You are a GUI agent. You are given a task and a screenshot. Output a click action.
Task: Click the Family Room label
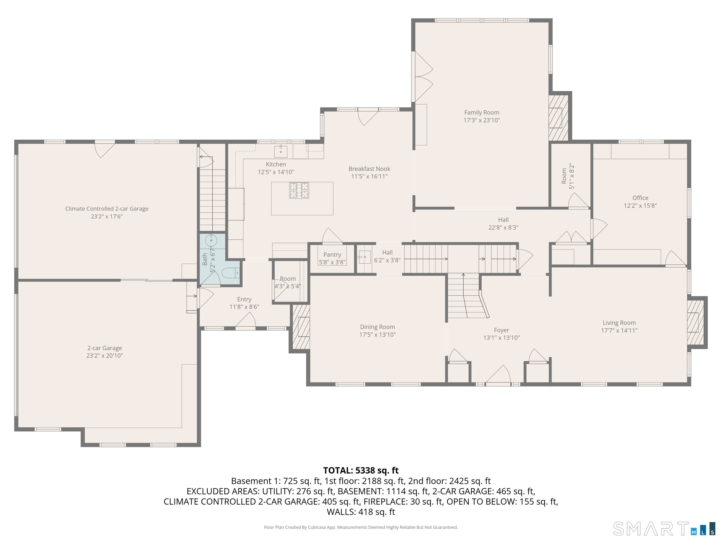tap(481, 112)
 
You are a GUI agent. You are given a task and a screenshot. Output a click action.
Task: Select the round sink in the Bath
tap(211, 241)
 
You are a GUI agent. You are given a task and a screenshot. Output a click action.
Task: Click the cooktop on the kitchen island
tap(299, 190)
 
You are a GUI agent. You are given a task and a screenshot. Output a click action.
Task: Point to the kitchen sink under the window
tap(280, 151)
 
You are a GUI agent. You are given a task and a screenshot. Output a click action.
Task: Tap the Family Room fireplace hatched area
tap(558, 118)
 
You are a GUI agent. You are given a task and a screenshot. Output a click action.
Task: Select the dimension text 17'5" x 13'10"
tap(377, 334)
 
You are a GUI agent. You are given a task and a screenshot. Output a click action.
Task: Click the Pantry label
tap(332, 254)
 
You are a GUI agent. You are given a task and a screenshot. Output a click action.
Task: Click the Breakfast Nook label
tap(369, 169)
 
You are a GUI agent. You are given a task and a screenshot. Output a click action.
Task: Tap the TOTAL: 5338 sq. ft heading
tap(361, 470)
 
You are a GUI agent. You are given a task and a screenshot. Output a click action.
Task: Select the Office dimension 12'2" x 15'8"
tap(640, 206)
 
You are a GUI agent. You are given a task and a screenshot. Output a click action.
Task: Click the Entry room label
tap(244, 299)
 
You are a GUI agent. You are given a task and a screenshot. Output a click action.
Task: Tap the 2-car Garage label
tap(105, 348)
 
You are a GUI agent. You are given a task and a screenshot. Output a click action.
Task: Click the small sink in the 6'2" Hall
tap(364, 257)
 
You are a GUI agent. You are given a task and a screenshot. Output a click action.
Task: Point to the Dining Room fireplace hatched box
tap(301, 327)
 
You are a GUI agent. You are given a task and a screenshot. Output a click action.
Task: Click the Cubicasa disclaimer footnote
tap(361, 527)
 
